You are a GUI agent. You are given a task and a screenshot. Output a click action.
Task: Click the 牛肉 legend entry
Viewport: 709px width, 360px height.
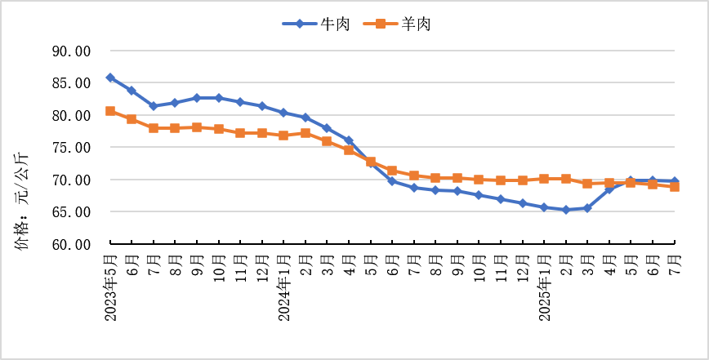coord(316,24)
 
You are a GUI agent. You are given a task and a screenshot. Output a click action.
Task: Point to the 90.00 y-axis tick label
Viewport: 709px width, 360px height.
coord(71,51)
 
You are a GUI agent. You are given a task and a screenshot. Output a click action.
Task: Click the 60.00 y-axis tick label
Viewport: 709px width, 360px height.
coord(71,244)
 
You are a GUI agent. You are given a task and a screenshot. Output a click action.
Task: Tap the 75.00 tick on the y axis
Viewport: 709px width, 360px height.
coord(71,148)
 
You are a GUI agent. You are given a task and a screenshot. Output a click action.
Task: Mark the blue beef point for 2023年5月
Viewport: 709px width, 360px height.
coord(110,78)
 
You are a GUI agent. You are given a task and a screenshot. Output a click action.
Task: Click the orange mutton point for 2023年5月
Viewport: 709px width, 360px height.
coord(110,111)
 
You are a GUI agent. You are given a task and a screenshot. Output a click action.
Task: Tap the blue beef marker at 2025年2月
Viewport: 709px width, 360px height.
coord(566,210)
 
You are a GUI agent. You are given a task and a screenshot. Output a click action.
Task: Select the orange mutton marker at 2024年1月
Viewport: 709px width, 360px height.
coord(283,136)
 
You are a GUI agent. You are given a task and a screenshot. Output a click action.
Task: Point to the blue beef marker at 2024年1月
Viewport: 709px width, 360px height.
coord(283,113)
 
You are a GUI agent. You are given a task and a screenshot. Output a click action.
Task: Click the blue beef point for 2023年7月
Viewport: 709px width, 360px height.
coord(154,106)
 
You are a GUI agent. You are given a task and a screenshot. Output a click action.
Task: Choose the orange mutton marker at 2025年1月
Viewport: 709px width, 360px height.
coord(544,179)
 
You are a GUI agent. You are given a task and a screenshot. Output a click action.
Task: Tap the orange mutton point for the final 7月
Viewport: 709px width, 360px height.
coord(675,187)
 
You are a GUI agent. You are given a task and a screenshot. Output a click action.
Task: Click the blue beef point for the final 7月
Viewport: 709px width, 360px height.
coord(675,181)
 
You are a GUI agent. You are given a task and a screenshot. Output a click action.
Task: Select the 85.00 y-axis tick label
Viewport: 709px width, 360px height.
coord(71,83)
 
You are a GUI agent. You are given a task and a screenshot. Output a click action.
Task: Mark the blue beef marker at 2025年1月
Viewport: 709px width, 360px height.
coord(544,207)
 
